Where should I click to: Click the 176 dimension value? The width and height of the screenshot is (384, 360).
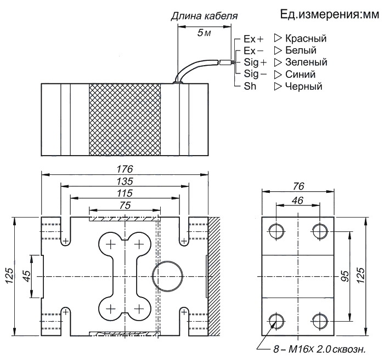(125, 169)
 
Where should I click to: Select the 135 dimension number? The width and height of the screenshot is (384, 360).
(125, 181)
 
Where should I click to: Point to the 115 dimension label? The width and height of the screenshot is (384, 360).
(125, 193)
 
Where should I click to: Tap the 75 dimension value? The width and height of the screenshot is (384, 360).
(125, 205)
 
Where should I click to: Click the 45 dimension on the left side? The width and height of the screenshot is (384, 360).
(27, 276)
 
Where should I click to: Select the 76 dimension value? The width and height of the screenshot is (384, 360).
(298, 187)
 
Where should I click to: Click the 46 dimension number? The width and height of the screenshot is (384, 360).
(298, 201)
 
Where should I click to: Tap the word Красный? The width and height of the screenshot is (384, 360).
(306, 39)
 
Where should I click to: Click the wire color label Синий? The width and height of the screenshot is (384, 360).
(300, 75)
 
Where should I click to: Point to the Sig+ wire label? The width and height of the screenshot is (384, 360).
(255, 62)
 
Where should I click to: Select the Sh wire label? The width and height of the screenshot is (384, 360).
(250, 87)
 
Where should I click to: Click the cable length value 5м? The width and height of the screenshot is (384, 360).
(204, 33)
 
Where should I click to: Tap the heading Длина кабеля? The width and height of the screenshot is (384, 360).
(204, 16)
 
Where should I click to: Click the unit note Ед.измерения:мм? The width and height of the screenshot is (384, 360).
(329, 14)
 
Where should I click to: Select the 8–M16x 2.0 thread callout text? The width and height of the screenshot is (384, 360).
(319, 350)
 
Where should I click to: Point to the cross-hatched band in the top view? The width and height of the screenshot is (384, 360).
(125, 119)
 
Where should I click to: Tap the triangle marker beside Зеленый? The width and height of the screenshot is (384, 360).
(278, 62)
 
